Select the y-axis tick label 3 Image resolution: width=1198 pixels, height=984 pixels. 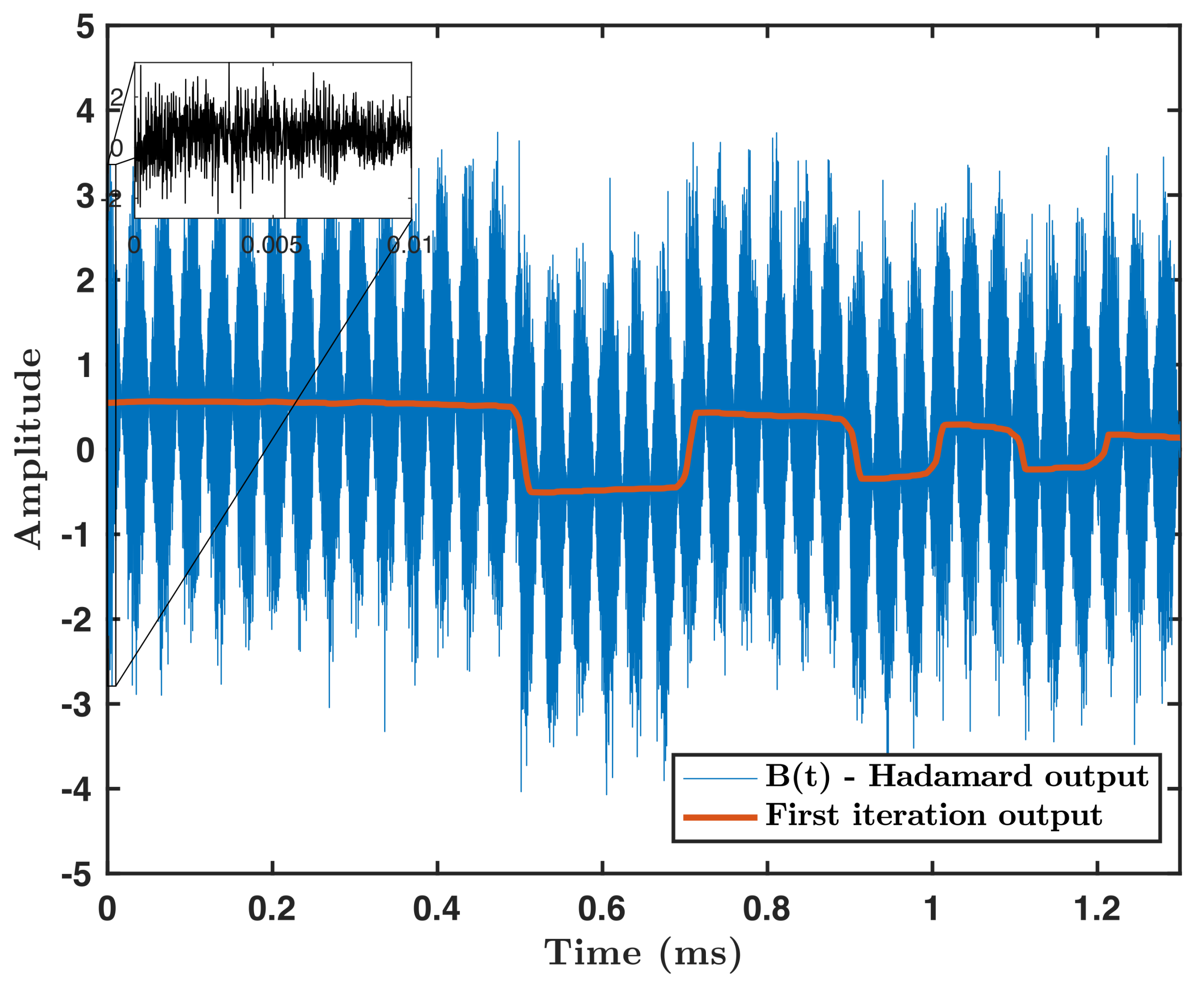(x=85, y=196)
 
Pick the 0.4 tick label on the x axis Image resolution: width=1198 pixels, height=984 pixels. (x=437, y=909)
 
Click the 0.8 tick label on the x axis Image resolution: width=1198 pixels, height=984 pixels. (x=767, y=909)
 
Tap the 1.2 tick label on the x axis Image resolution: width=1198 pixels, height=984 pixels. (x=1097, y=909)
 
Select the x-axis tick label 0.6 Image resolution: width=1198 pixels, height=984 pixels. (x=602, y=909)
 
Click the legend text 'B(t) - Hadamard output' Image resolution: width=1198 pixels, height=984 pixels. (x=957, y=776)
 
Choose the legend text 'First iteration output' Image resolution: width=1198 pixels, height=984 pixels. (x=934, y=816)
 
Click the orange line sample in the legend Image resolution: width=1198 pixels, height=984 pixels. (x=720, y=817)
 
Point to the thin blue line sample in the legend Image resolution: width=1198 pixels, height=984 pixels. (x=720, y=778)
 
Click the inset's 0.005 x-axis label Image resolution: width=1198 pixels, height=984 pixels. (x=272, y=245)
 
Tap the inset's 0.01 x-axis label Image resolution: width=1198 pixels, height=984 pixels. (x=410, y=245)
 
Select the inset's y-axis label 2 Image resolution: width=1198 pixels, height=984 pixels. (x=117, y=99)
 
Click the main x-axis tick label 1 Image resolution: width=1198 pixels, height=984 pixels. (x=931, y=909)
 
